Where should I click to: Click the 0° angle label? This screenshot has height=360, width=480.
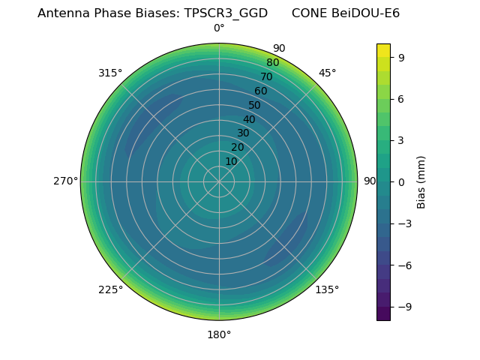[219, 28]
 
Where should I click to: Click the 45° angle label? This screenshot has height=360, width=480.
[327, 73]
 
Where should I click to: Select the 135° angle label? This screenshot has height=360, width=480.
[327, 289]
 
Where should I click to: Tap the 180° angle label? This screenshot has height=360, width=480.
[219, 334]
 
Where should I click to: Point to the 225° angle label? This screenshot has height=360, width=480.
[110, 289]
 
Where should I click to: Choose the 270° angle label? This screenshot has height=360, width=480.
[65, 181]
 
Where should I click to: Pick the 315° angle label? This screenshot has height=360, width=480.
[110, 73]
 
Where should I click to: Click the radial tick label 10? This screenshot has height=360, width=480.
[231, 161]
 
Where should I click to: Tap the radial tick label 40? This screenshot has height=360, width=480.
[249, 119]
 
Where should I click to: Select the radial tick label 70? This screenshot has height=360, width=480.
[266, 76]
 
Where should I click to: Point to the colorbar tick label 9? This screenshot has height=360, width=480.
[401, 57]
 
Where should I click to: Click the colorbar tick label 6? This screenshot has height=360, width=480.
[401, 99]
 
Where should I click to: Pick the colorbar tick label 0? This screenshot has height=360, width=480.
[401, 181]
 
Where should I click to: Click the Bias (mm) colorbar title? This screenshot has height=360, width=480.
[421, 181]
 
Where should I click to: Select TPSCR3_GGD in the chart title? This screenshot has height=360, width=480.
[226, 13]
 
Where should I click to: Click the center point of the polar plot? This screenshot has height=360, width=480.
[219, 181]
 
